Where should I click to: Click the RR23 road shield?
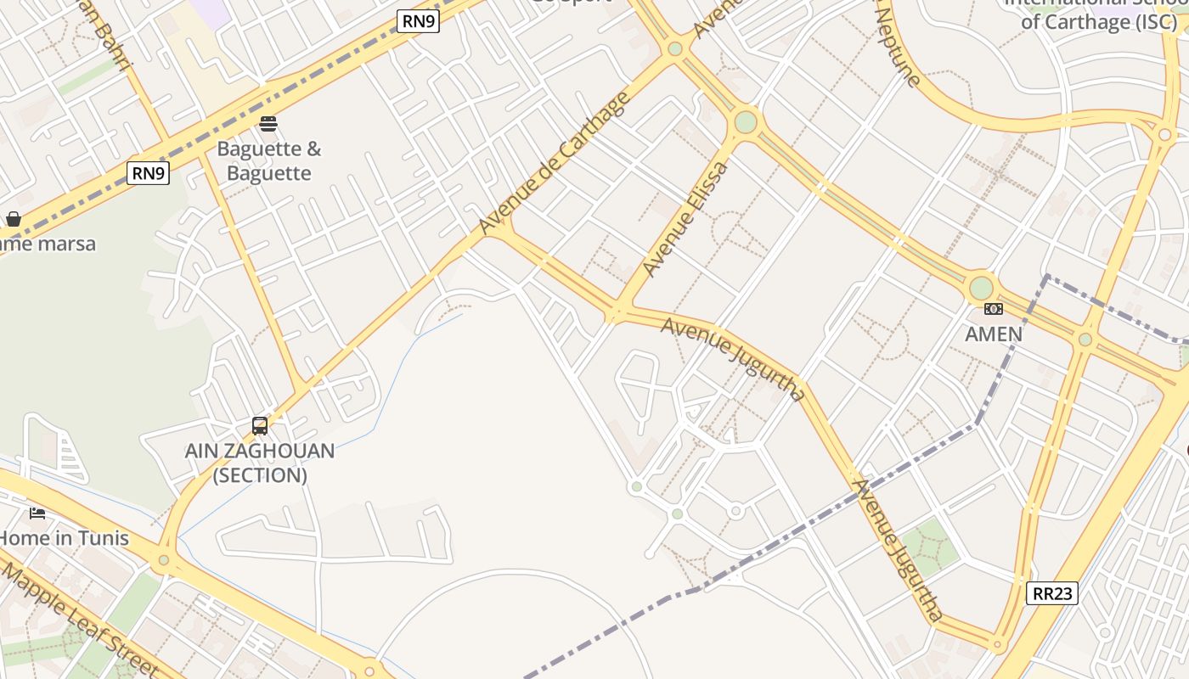(x=1052, y=593)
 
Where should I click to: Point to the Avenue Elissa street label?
(x=685, y=219)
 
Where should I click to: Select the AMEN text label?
(x=994, y=334)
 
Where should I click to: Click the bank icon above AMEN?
(x=993, y=308)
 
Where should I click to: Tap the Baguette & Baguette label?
(x=269, y=161)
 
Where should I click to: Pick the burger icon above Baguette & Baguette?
(x=268, y=124)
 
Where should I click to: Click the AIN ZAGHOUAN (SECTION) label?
(x=260, y=463)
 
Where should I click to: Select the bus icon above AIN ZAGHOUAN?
(x=260, y=425)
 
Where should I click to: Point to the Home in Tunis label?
(x=65, y=538)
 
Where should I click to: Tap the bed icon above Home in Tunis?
(x=37, y=513)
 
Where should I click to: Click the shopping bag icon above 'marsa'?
(x=14, y=219)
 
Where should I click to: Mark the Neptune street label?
(x=898, y=47)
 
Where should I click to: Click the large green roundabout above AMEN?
(x=981, y=288)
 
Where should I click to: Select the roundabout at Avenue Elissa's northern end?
(x=746, y=122)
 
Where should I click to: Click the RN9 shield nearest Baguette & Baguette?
(x=149, y=173)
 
